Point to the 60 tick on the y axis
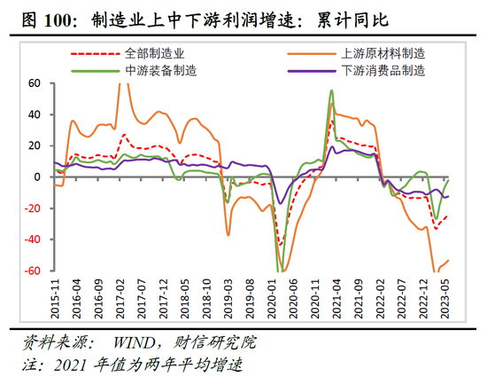coord(35,83)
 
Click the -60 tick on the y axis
coord(33,271)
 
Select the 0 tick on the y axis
coord(39,177)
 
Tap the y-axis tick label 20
coord(35,146)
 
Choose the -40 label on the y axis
coord(33,240)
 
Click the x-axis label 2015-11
coord(55,301)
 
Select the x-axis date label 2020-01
coord(273,301)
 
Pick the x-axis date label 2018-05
coord(185,301)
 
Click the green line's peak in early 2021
coord(331,90)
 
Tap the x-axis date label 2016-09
coord(98,301)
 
